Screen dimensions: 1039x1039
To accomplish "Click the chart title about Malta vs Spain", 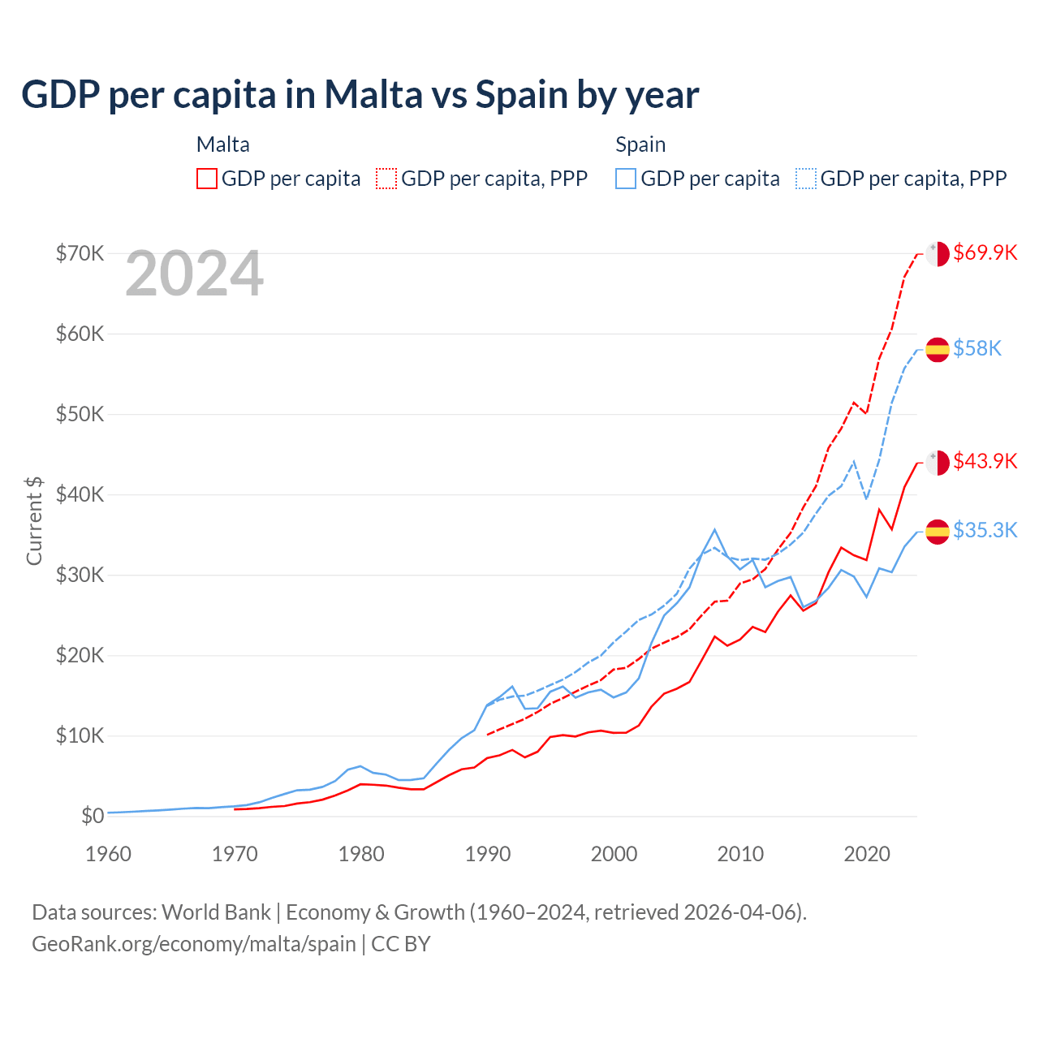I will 360,95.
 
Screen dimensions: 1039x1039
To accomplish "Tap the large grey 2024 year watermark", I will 194,274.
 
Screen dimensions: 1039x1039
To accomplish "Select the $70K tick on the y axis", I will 80,253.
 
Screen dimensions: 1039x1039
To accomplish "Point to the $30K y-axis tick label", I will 80,575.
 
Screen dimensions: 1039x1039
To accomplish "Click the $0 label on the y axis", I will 93,816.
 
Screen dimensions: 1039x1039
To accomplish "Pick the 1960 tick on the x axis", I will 108,854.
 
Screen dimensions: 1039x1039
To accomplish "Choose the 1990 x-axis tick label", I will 488,854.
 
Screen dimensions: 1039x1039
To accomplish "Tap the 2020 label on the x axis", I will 867,854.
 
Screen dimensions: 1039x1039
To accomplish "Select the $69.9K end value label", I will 985,252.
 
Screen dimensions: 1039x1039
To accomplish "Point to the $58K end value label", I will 977,348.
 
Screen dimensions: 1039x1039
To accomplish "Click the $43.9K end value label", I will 985,461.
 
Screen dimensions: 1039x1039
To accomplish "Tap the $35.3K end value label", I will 985,530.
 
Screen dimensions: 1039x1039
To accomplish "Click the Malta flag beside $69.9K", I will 938,253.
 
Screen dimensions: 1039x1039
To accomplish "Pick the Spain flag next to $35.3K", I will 938,531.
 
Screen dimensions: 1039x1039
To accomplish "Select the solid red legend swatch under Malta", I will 207,179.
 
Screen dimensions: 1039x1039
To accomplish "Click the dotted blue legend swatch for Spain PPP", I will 806,179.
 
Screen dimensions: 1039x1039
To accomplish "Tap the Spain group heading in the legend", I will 640,144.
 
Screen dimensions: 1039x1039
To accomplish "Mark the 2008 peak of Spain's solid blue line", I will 714,529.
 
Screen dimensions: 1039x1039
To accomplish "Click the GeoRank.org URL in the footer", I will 194,944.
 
